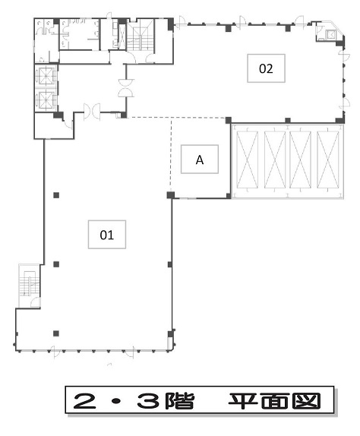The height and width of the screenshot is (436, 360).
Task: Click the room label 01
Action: (x=107, y=235)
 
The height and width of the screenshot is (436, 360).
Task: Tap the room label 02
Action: (x=266, y=68)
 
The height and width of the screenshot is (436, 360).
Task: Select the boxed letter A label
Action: (x=200, y=160)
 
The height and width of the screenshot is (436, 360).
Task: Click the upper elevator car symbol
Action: (x=46, y=75)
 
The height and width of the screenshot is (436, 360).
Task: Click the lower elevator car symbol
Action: (x=46, y=100)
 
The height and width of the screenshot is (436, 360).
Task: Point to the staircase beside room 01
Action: (x=29, y=283)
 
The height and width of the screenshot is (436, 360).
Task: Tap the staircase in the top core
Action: (x=140, y=35)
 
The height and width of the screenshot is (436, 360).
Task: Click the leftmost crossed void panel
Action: (x=247, y=160)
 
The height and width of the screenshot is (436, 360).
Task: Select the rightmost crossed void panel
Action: (x=328, y=160)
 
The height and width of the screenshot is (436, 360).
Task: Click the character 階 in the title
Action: (x=179, y=401)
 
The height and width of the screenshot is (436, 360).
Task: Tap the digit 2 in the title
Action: (x=85, y=401)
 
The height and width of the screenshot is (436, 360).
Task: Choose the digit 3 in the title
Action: (x=148, y=401)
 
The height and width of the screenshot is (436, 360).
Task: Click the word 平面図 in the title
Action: (x=274, y=401)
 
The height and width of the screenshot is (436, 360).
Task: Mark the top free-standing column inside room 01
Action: (x=56, y=195)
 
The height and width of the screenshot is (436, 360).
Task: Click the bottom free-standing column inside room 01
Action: (x=56, y=333)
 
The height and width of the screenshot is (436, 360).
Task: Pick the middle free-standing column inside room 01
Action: (x=56, y=264)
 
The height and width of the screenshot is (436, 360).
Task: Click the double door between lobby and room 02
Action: (x=126, y=88)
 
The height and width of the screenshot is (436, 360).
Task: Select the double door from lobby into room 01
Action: (x=92, y=112)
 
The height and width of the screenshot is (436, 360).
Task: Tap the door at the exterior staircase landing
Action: (x=36, y=302)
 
